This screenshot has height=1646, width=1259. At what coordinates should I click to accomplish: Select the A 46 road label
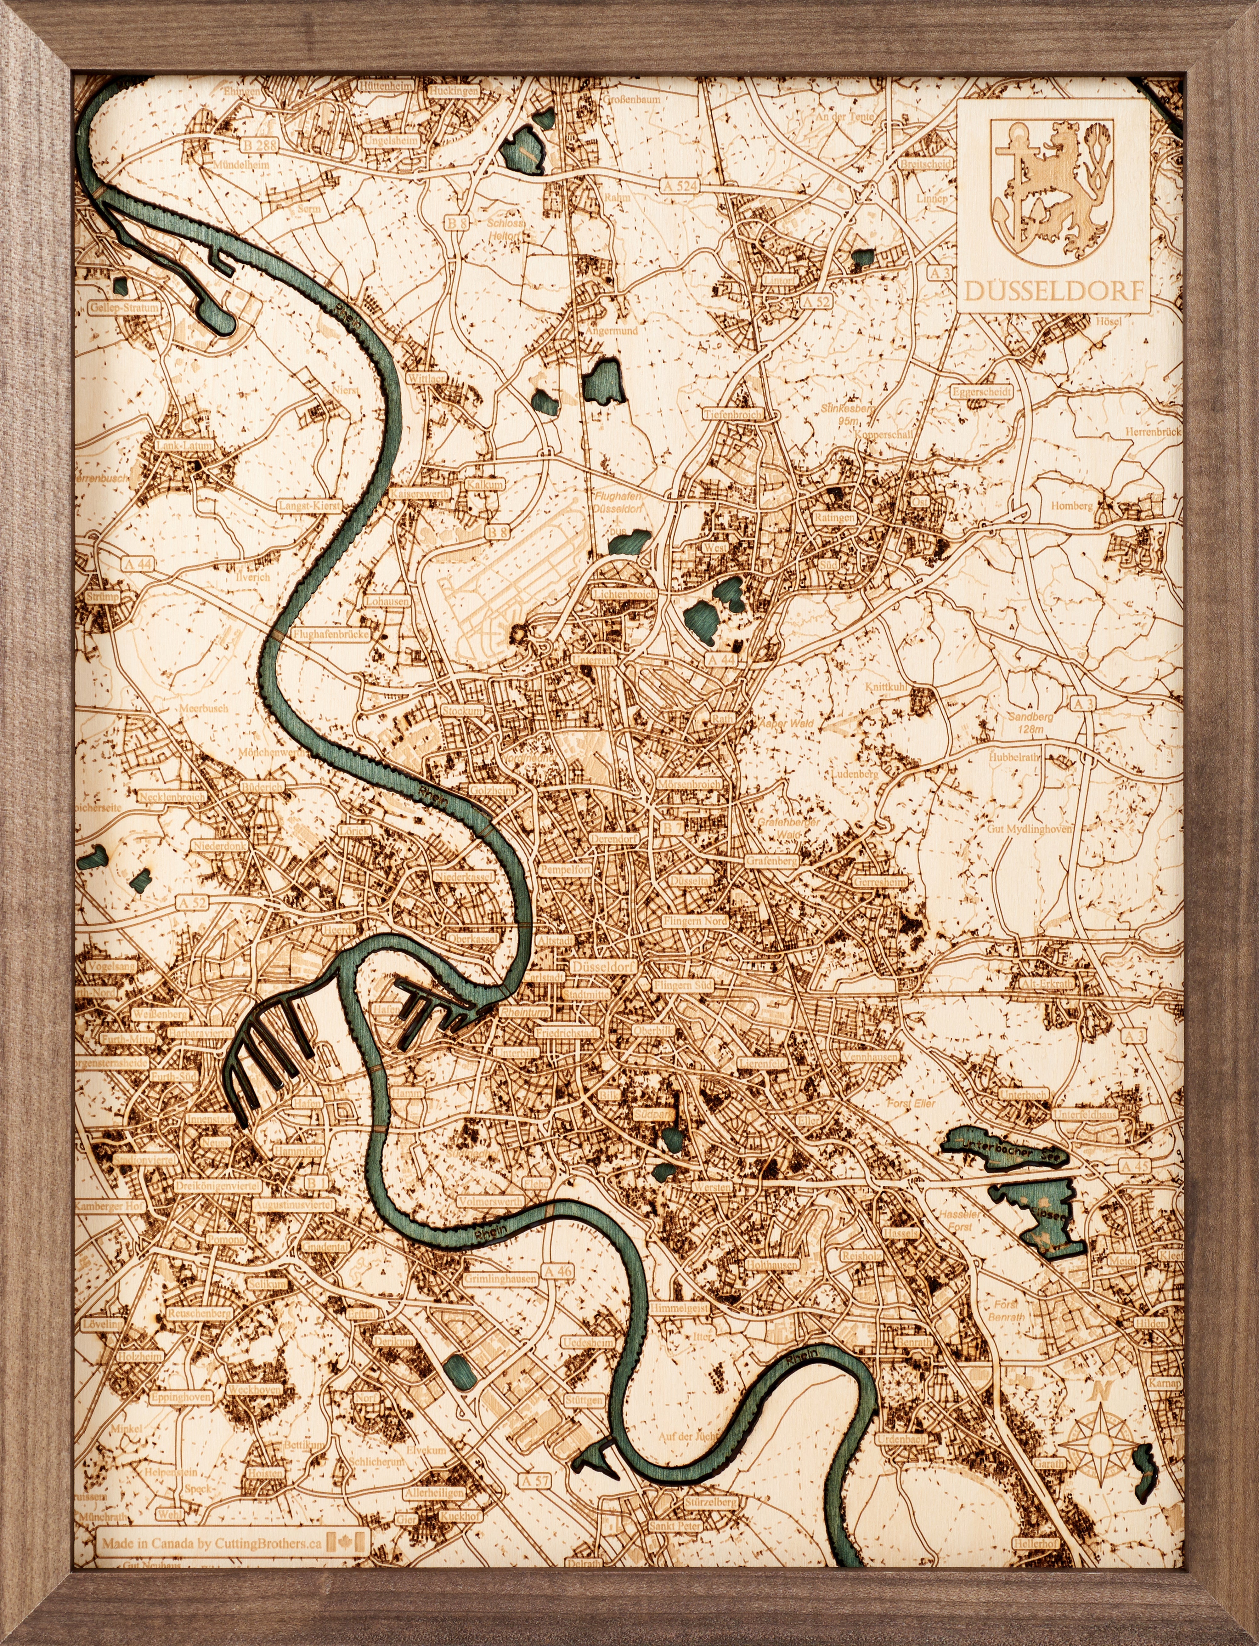click(x=557, y=1270)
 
